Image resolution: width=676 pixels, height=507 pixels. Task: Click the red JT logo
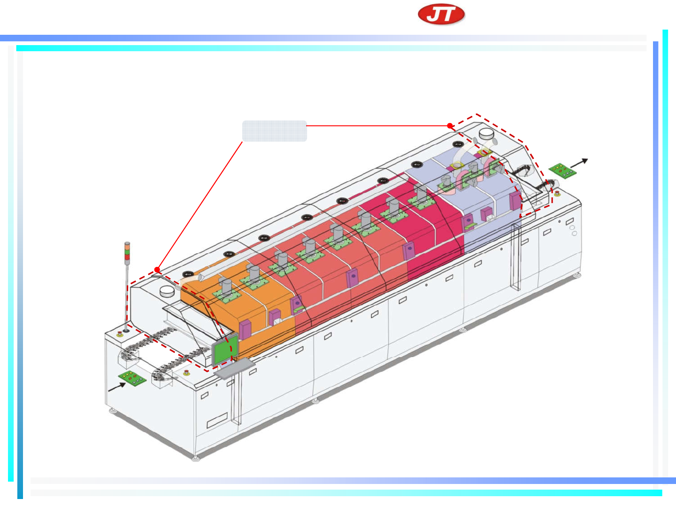point(441,15)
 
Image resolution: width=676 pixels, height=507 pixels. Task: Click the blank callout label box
point(274,131)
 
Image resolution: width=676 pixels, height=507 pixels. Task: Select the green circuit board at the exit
point(563,171)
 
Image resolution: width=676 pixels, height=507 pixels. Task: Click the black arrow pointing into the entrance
point(117,387)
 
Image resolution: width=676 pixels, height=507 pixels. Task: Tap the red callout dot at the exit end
point(450,126)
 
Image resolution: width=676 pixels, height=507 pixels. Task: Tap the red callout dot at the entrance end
point(157,270)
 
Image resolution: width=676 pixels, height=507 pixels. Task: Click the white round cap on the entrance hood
point(167,291)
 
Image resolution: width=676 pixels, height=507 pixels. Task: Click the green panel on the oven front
point(222,352)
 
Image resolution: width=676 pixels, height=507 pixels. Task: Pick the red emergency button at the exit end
point(557,193)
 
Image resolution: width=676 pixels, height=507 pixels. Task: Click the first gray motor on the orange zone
point(227,287)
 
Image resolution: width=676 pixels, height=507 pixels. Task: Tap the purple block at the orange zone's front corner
point(245,330)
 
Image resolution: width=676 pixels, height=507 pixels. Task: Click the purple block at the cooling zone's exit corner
point(515,201)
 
